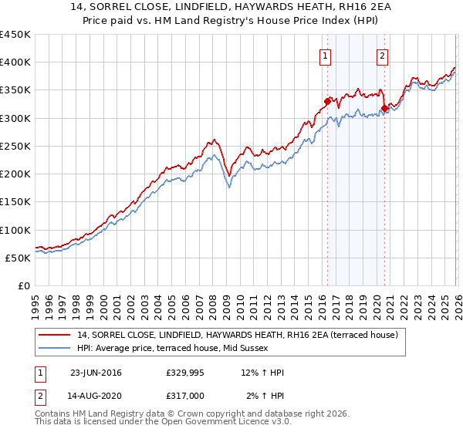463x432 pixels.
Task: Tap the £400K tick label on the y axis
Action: tap(15, 62)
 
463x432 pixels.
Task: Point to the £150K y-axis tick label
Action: tap(15, 202)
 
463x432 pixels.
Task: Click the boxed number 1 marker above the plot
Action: tap(326, 56)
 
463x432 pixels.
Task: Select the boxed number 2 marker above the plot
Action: tap(382, 56)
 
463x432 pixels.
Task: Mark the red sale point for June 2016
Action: tap(327, 101)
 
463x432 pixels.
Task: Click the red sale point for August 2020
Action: tap(384, 108)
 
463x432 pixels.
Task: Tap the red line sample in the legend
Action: tap(56, 335)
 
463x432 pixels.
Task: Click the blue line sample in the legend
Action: tap(56, 348)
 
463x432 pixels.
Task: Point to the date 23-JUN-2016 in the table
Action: tap(96, 373)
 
